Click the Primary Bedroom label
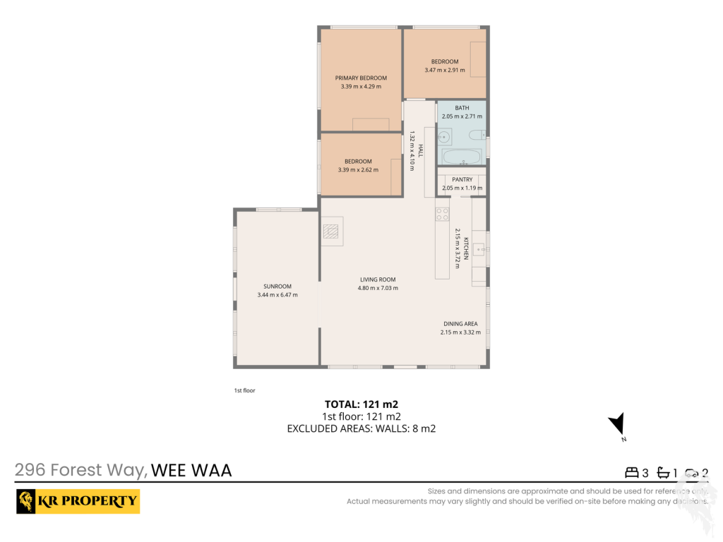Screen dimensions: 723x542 [361, 78]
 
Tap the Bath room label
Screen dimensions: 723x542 [462, 108]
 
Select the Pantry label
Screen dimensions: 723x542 [462, 179]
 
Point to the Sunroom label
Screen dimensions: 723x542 [277, 287]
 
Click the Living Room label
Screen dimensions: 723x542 [378, 279]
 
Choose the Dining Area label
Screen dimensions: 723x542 [460, 323]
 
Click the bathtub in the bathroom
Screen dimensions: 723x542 [462, 157]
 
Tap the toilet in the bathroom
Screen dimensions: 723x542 [477, 135]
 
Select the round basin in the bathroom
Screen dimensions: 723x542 [444, 137]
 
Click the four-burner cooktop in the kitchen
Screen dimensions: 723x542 [442, 215]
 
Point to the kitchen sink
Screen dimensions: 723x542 [479, 250]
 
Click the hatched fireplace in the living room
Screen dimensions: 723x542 [330, 231]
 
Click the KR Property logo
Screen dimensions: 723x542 [78, 502]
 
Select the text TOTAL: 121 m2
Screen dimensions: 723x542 [361, 404]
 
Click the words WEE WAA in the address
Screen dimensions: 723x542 [191, 471]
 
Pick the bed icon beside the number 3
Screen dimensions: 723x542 [632, 472]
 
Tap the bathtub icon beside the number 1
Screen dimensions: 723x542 [663, 472]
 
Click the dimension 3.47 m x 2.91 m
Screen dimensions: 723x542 [445, 70]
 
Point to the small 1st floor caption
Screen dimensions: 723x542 [244, 390]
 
